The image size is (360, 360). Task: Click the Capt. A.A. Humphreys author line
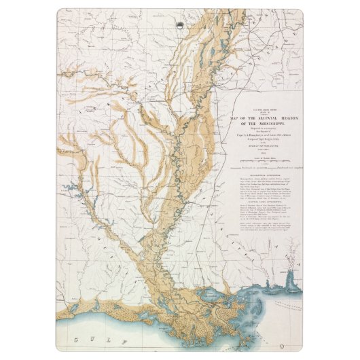(x=259, y=135)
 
